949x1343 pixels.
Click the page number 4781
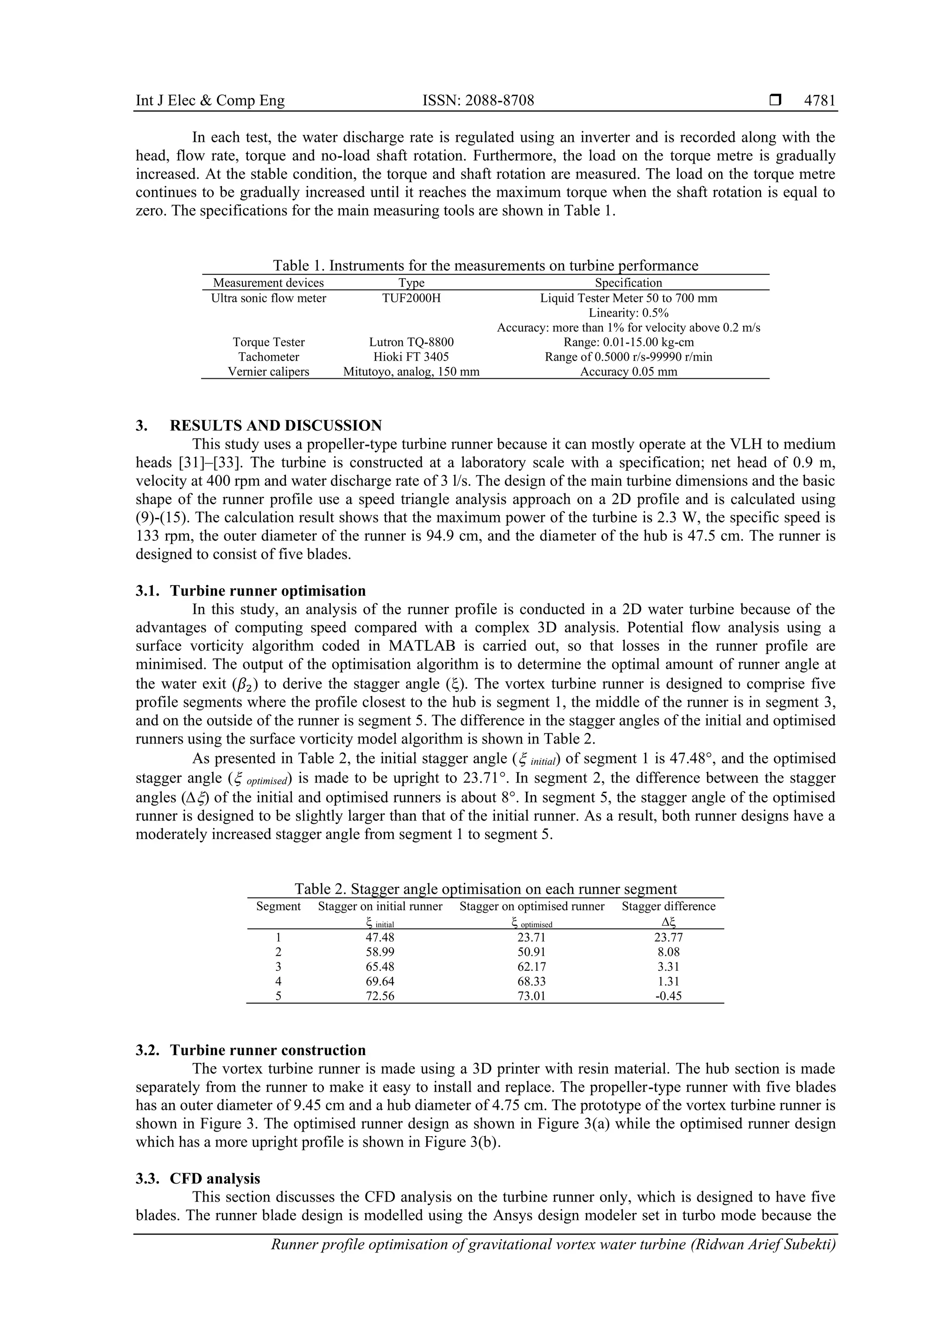click(x=819, y=101)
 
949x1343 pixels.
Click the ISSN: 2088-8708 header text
click(x=478, y=101)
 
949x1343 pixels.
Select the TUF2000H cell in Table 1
click(x=411, y=298)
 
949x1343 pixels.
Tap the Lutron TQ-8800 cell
click(x=411, y=342)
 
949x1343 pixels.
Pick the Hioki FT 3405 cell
click(x=411, y=357)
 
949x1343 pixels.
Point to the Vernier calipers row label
click(x=268, y=371)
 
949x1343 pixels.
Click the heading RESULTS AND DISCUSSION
click(x=275, y=425)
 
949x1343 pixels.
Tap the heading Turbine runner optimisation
click(x=268, y=591)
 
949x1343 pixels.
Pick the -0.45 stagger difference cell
click(x=668, y=996)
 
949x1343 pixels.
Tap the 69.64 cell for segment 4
click(x=380, y=981)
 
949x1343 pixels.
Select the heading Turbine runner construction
click(x=268, y=1050)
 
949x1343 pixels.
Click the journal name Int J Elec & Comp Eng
click(x=210, y=101)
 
